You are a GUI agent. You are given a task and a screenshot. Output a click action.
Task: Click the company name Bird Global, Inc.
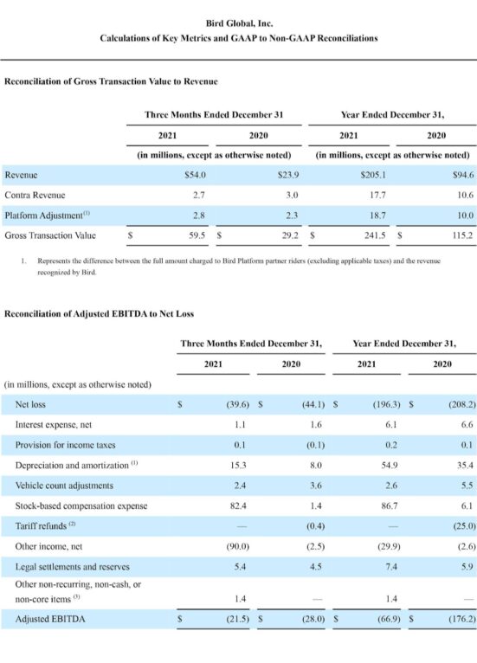[x=238, y=24]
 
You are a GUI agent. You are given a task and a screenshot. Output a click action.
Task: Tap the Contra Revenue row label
[x=35, y=195]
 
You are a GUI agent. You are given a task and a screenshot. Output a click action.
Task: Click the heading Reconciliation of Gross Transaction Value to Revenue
[x=111, y=81]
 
